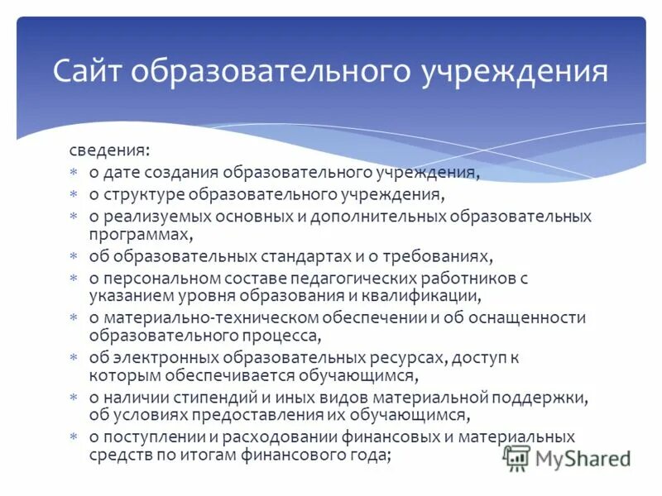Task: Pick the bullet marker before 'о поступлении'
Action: (73, 436)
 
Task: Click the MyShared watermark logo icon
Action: (517, 456)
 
